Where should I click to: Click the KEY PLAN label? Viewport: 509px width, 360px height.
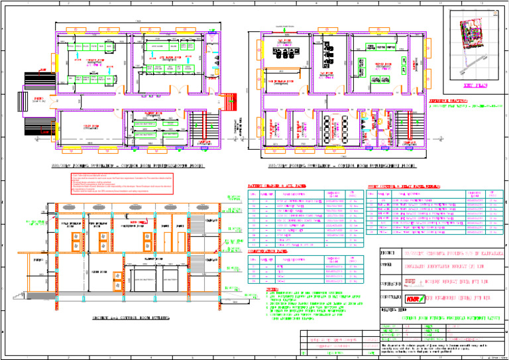(477, 85)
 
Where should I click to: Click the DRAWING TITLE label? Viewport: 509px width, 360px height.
(391, 309)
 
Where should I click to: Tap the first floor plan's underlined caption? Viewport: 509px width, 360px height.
(341, 165)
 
